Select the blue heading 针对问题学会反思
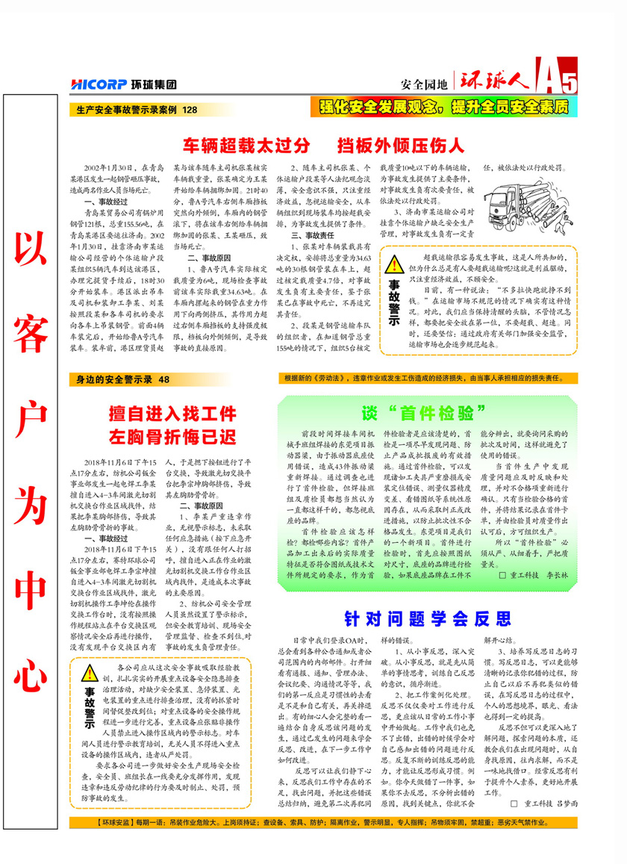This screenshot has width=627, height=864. click(428, 619)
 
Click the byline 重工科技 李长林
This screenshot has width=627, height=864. click(534, 576)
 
